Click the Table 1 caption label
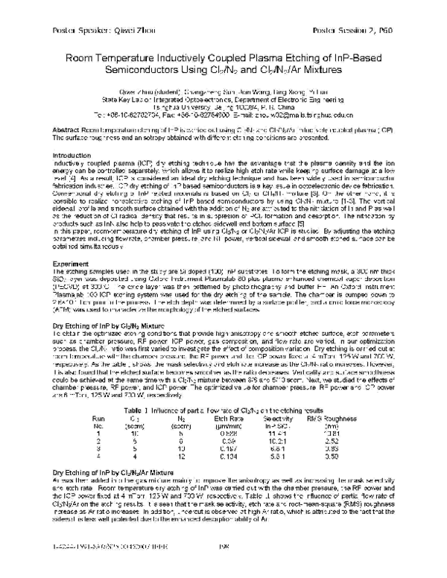coord(141,409)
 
